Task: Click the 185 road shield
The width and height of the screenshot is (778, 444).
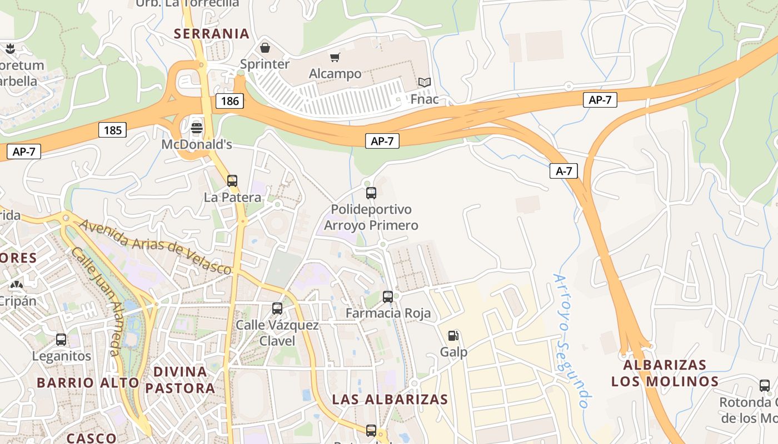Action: pos(113,130)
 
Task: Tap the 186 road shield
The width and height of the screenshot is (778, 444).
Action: pos(230,100)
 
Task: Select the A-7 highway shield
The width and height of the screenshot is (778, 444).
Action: pos(563,171)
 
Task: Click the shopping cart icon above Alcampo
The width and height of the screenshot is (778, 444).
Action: pos(335,57)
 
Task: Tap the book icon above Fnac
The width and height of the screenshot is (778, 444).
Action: pos(425,83)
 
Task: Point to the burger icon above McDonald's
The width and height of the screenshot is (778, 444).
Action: pos(196,128)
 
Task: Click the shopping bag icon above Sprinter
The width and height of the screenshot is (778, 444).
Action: pos(265,48)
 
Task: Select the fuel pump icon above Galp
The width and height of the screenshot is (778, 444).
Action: pos(453,336)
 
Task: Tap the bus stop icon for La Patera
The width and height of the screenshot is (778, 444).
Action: pos(232,180)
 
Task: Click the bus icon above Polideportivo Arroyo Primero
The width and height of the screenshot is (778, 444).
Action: pos(371,193)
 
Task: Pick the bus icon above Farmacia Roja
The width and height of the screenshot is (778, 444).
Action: pos(388,297)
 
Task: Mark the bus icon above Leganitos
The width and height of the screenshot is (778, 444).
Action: pos(61,340)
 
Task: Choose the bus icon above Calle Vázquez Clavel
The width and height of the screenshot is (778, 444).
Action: pos(277,309)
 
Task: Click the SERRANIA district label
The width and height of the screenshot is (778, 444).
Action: pos(212,33)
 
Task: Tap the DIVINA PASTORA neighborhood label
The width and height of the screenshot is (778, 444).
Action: pos(180,380)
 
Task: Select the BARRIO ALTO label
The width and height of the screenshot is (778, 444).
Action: pos(88,382)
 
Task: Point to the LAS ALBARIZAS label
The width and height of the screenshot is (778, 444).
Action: pos(390,399)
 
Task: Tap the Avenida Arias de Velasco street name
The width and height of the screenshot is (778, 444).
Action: pos(155,246)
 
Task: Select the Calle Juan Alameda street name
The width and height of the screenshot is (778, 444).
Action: pos(96,300)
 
